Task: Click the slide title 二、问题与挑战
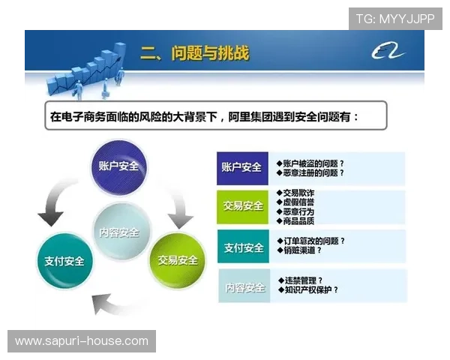[194, 53]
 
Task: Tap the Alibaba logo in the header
[388, 52]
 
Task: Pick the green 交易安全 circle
[178, 259]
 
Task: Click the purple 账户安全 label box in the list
[241, 167]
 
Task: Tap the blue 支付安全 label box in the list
[241, 247]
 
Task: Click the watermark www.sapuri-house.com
[81, 341]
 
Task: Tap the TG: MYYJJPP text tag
[394, 18]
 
